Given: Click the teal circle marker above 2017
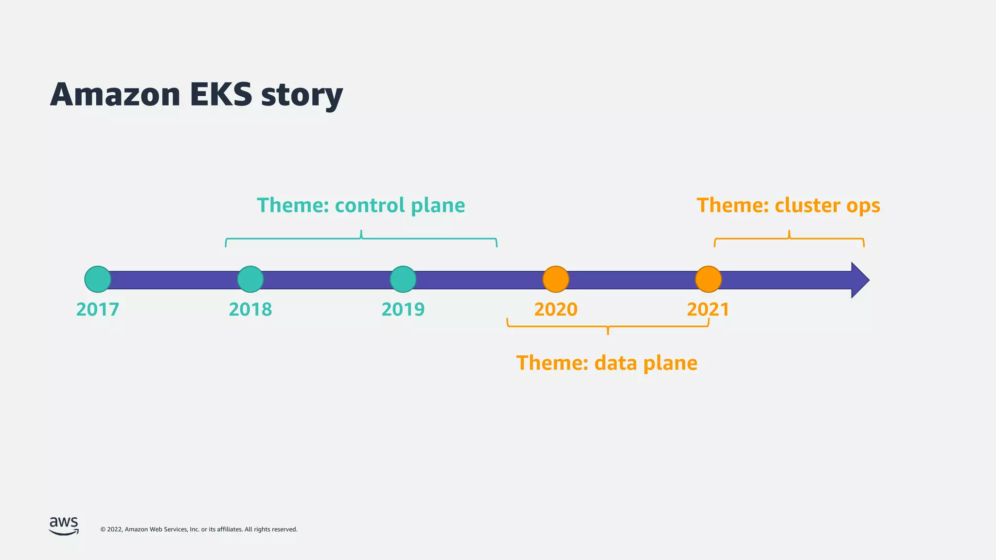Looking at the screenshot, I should point(98,280).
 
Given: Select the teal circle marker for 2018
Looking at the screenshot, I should point(250,280).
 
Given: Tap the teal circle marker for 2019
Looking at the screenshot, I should point(403,280).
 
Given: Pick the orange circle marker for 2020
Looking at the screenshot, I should point(556,280).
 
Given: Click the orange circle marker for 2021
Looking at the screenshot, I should point(709,280).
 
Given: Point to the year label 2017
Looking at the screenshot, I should point(98,310).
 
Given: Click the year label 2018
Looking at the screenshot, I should point(250,310).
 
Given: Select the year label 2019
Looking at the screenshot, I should point(403,310).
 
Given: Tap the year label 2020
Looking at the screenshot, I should point(556,310).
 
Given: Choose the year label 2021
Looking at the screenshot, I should point(708,310).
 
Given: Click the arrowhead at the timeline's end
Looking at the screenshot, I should point(859,280).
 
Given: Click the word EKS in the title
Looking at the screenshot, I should point(221,94).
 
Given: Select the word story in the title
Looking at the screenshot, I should point(302,96).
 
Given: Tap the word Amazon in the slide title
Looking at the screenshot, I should point(115,94).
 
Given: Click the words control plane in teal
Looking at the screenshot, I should point(400,206).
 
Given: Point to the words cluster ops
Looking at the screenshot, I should point(827,206).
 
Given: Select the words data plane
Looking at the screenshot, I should point(646,363).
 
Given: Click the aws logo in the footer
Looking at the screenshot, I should point(64,526).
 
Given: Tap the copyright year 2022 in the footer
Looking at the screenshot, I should point(114,529).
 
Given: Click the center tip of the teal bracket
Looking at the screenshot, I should point(361,231).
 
